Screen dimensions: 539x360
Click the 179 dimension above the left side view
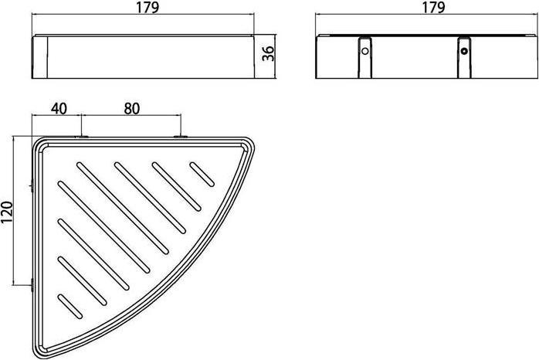147,7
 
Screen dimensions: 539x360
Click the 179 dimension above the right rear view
433,7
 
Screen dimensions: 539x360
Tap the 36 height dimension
268,53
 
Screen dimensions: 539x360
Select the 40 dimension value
59,109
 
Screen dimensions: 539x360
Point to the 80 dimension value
132,109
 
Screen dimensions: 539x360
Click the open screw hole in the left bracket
365,51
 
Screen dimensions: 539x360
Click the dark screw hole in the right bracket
464,51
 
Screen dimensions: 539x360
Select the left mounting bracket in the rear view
365,56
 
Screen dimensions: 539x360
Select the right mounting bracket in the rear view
464,56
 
